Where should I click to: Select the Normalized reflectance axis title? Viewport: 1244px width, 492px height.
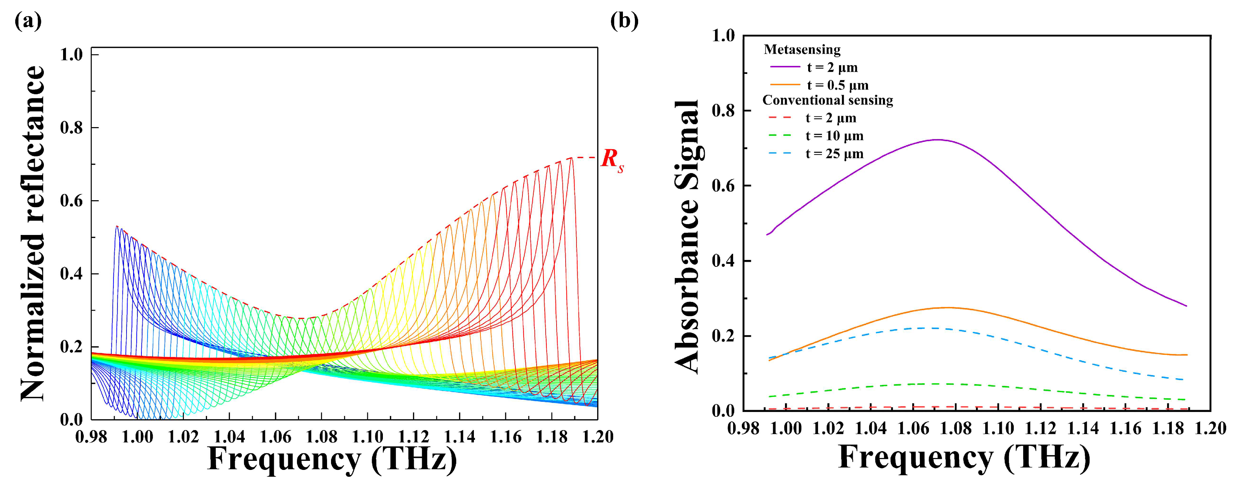[33, 234]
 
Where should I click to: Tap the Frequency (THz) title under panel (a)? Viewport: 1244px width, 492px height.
[332, 459]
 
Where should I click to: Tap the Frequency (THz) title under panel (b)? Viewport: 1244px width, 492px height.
[964, 457]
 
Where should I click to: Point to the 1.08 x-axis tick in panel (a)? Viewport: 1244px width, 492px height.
[321, 437]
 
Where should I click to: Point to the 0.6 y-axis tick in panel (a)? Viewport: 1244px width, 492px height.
[71, 201]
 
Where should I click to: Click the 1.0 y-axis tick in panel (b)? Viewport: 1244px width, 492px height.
[723, 36]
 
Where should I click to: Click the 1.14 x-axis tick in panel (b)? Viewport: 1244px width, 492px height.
[1083, 428]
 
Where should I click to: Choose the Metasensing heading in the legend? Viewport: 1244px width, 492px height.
[802, 50]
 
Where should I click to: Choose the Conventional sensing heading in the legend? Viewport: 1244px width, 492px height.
[827, 100]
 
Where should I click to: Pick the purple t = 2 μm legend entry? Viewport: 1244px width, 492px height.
[832, 68]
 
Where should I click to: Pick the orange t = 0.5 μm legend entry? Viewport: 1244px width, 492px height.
[837, 85]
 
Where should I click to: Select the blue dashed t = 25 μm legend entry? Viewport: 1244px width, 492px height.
[834, 154]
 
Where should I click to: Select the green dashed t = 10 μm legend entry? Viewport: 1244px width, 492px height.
[834, 136]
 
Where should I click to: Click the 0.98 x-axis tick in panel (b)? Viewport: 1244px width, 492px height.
[743, 428]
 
